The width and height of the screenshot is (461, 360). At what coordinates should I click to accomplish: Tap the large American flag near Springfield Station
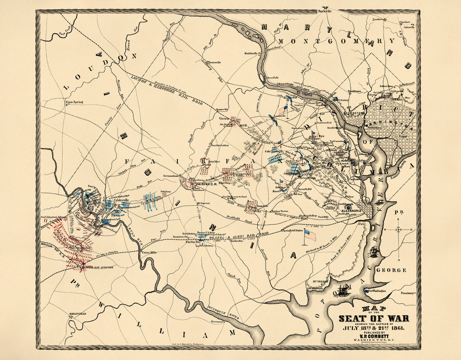click(x=310, y=235)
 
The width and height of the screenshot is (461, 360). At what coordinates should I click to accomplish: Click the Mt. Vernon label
click(x=320, y=281)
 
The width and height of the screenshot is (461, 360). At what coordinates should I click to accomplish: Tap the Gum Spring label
click(x=74, y=102)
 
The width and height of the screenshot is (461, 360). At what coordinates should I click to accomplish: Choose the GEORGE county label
click(x=391, y=270)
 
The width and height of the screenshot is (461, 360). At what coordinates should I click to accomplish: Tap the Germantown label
click(x=172, y=176)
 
